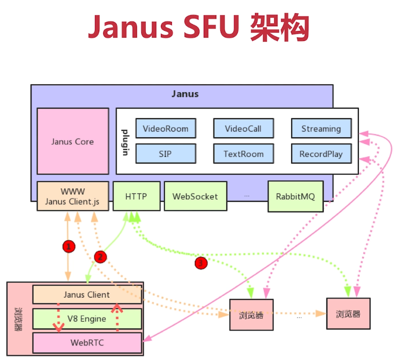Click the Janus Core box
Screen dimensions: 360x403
[x=73, y=141]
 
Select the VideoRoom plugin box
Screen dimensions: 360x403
[x=165, y=128]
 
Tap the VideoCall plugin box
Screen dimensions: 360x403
[x=243, y=128]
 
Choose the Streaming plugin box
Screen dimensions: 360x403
[x=321, y=128]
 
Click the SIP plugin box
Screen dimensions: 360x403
[x=165, y=154]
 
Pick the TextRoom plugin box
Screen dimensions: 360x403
[x=243, y=154]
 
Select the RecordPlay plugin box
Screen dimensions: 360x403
[x=321, y=154]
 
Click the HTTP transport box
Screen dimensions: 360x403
[x=136, y=196]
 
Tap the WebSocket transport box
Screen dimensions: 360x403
[x=195, y=196]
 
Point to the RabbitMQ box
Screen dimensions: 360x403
[x=295, y=196]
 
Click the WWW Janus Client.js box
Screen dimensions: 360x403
[x=73, y=196]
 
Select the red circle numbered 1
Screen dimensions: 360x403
[x=68, y=247]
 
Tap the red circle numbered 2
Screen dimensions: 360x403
[x=100, y=256]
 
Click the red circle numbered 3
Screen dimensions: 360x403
[x=201, y=263]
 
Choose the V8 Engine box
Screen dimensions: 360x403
[x=87, y=319]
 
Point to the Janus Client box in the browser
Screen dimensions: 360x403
[x=87, y=294]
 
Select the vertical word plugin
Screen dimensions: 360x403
[x=125, y=142]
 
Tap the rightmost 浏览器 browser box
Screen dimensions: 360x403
[x=348, y=314]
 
